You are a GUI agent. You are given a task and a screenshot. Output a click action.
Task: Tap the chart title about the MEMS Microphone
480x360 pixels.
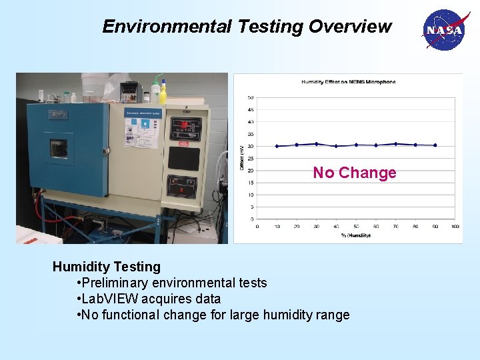[348, 82]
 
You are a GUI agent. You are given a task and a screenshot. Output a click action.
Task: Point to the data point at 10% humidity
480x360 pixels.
[277, 146]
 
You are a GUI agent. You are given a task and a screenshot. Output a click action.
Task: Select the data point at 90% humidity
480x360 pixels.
[435, 145]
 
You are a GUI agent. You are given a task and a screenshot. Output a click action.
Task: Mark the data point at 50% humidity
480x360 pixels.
[356, 145]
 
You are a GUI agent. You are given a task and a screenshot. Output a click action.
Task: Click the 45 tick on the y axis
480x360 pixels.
[251, 110]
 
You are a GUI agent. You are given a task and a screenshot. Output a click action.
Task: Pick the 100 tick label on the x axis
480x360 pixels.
[455, 227]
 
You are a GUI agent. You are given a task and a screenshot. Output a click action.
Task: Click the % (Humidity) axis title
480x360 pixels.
[355, 235]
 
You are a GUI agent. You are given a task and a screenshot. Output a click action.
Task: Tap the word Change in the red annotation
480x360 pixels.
[367, 173]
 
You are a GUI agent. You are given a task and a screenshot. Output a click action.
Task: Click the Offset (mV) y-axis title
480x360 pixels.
[242, 158]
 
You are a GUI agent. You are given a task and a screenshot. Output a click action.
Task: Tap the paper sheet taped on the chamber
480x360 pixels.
[141, 129]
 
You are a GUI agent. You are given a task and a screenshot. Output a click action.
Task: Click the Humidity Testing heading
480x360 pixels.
[107, 267]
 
